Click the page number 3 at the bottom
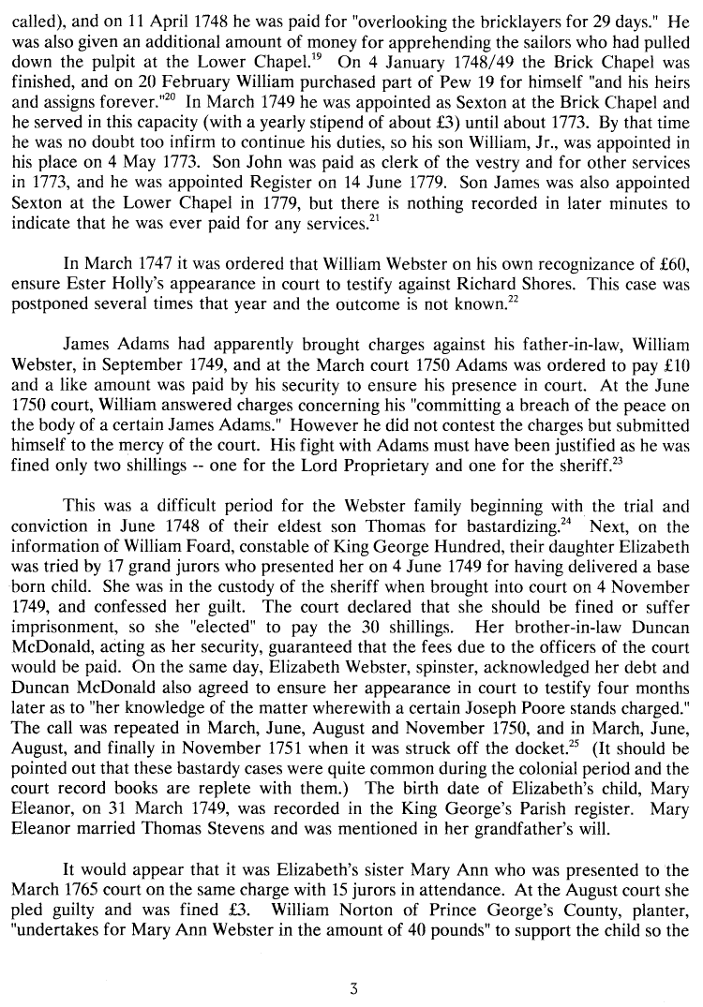coord(354,986)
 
